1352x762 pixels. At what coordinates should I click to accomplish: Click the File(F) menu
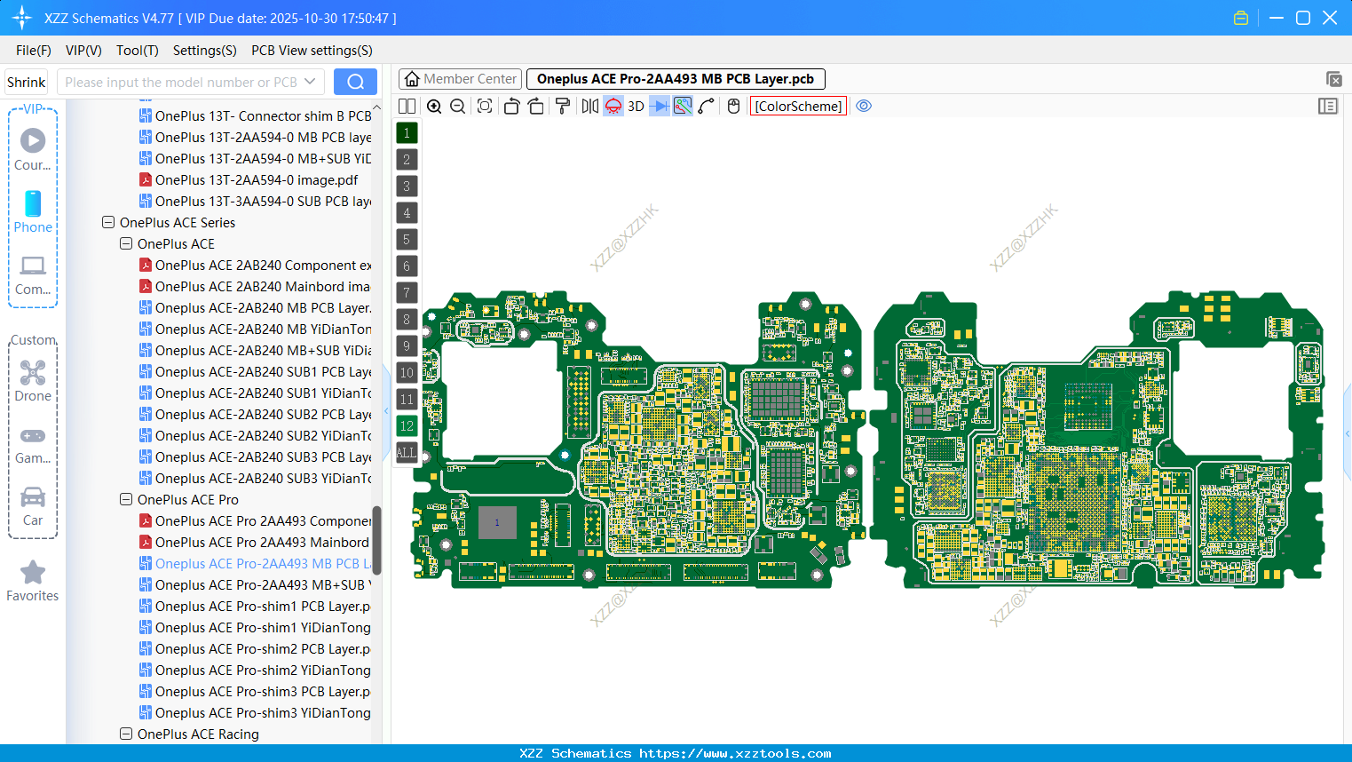pos(34,51)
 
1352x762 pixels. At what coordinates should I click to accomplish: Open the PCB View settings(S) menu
pos(312,51)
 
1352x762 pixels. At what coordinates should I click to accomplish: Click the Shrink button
pos(26,82)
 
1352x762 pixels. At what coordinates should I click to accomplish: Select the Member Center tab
pos(460,79)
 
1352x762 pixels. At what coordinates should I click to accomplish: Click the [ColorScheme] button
pos(797,106)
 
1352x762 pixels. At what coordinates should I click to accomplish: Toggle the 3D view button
pos(636,106)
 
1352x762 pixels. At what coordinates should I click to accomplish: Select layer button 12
pos(407,426)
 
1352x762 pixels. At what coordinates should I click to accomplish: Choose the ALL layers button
pos(407,453)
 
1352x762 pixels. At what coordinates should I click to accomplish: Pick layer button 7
pos(407,292)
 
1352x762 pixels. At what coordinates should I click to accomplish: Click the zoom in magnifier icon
pos(434,106)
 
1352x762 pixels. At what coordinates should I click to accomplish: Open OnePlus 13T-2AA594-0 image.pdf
pos(256,180)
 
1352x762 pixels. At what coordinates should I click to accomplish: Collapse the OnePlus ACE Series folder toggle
pos(108,223)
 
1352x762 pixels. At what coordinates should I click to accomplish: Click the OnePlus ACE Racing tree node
pos(198,734)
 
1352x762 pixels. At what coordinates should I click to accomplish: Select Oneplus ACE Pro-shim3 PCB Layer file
pos(262,692)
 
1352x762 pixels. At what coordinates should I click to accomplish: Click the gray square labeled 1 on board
pos(497,522)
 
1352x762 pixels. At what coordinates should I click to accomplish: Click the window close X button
pos(1330,18)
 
